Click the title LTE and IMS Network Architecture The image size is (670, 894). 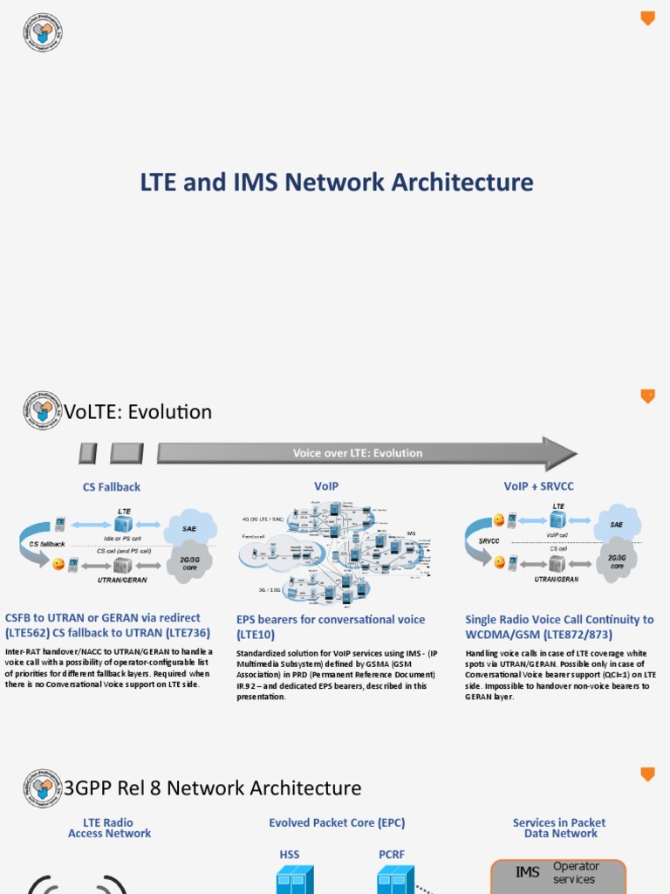337,182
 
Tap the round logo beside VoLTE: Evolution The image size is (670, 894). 43,410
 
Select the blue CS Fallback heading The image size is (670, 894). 112,487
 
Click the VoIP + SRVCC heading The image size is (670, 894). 539,486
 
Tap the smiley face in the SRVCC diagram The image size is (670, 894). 499,520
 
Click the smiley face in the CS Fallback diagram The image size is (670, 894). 58,564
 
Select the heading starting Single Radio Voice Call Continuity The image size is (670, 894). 559,627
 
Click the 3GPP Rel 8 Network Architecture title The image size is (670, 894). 213,788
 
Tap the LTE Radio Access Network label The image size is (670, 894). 109,828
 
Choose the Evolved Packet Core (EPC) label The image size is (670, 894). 337,822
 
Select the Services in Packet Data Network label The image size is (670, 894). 559,828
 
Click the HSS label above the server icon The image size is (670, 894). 289,855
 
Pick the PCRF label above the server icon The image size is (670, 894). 391,855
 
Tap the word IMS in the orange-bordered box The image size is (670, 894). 528,872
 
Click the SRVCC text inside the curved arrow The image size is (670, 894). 489,540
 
